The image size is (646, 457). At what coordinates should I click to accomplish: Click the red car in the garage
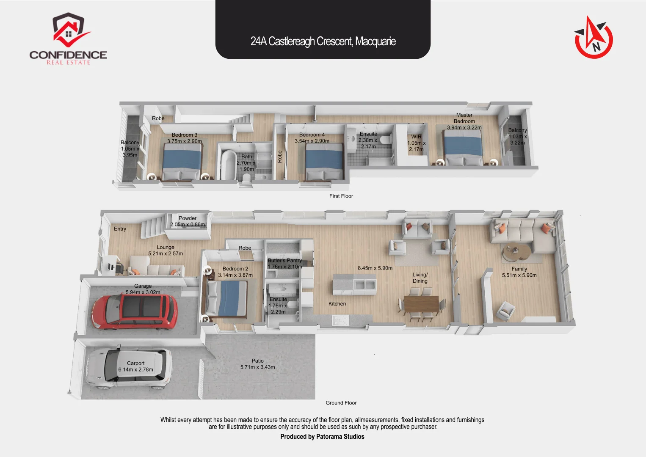click(x=135, y=312)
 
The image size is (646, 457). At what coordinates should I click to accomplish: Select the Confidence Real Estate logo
click(x=68, y=39)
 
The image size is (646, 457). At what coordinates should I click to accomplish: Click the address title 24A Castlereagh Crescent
click(x=323, y=41)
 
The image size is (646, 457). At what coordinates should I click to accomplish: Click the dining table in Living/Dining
click(x=421, y=304)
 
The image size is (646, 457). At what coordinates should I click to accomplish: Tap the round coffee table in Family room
click(x=516, y=253)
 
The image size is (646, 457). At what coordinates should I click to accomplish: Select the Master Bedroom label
click(x=464, y=118)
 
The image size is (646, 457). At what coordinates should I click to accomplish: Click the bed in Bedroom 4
click(x=324, y=162)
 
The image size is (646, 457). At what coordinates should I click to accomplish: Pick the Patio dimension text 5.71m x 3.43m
click(x=257, y=367)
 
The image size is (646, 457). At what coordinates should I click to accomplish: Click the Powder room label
click(x=188, y=218)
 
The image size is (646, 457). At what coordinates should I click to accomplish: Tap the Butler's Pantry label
click(x=284, y=261)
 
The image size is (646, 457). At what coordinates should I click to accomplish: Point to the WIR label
click(x=416, y=137)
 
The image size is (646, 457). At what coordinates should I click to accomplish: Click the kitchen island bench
click(x=354, y=284)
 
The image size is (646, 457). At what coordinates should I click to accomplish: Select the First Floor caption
click(x=341, y=196)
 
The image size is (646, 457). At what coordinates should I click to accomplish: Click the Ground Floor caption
click(x=341, y=403)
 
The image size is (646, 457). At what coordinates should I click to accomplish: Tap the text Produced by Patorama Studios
click(x=322, y=437)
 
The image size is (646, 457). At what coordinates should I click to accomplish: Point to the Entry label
click(x=120, y=229)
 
